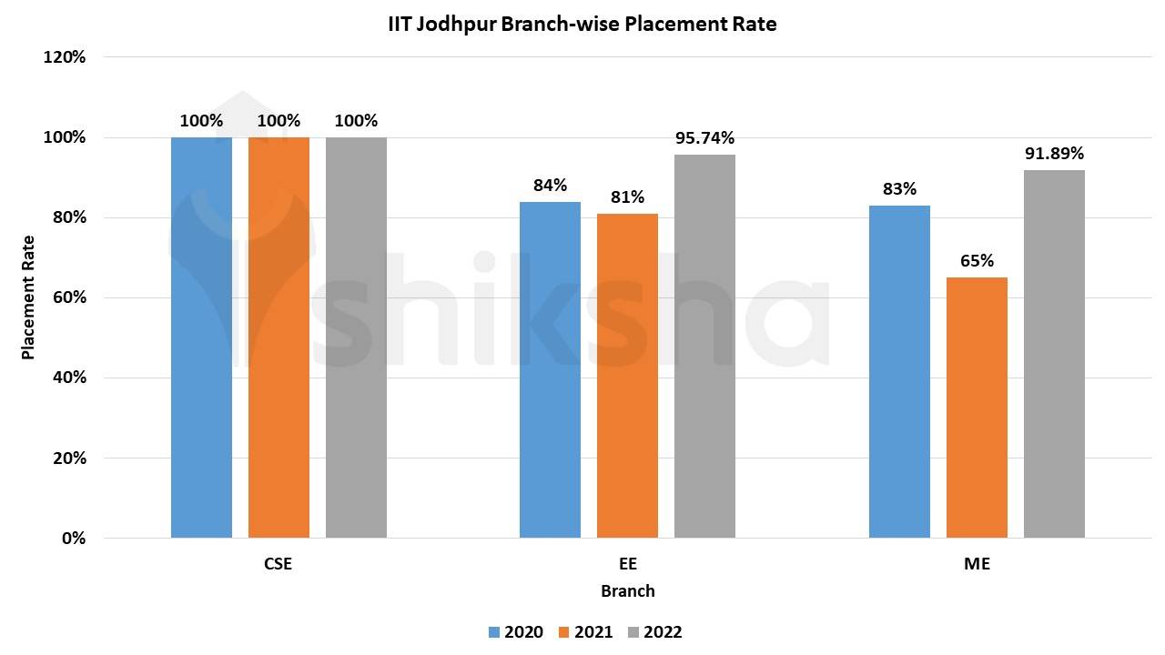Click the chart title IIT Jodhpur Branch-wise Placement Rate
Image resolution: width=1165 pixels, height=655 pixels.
(582, 25)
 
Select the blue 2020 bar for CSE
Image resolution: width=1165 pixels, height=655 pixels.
(201, 337)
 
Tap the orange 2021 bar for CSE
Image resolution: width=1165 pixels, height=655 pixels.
(279, 337)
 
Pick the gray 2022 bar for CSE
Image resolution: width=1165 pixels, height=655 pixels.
(356, 337)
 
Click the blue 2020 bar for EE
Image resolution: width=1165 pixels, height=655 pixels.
(550, 369)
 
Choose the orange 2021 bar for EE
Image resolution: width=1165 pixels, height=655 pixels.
(627, 375)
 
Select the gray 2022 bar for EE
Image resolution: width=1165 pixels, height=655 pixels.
(704, 346)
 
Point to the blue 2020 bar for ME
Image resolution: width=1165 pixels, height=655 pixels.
(899, 371)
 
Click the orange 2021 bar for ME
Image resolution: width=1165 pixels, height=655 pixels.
(977, 407)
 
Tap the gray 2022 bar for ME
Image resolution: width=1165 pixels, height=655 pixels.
(1054, 354)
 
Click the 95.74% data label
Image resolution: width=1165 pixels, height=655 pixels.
(704, 138)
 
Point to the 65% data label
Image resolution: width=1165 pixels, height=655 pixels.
(977, 261)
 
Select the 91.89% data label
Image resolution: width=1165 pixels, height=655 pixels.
(1054, 154)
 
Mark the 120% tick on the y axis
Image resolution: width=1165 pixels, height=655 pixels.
(65, 57)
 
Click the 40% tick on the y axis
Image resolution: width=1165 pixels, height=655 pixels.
(68, 378)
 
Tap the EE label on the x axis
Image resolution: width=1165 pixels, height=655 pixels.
(627, 564)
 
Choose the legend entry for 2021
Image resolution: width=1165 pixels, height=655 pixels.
(585, 632)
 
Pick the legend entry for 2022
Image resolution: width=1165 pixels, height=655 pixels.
(653, 632)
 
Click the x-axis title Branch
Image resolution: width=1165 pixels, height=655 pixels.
(627, 591)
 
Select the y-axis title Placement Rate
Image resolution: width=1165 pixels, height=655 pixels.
(28, 297)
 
